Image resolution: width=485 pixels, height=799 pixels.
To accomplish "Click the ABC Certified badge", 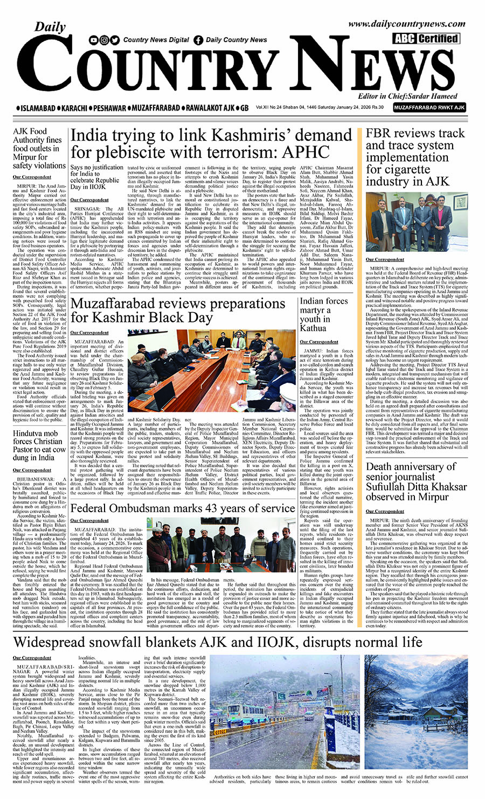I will (x=426, y=38).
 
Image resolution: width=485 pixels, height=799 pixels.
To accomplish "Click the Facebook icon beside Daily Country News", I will (x=198, y=40).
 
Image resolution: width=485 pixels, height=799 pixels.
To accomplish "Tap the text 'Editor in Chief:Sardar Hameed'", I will (x=407, y=97).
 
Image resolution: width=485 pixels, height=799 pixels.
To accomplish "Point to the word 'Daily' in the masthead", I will (x=50, y=27).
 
